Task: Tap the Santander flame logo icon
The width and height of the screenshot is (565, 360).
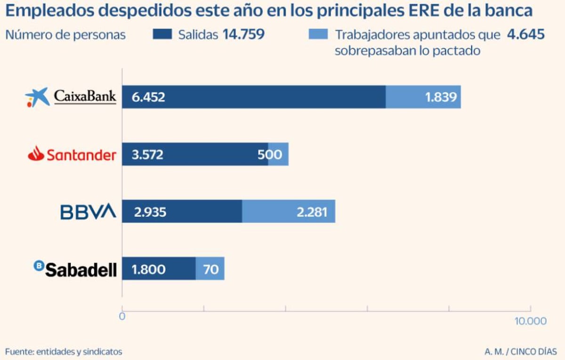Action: (x=36, y=154)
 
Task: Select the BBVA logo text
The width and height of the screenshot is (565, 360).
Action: (x=88, y=212)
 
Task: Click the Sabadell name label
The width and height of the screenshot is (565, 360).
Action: (x=81, y=269)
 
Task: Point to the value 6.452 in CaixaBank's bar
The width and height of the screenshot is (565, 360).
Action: (x=148, y=97)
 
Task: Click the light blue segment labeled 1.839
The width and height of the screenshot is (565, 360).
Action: (x=423, y=97)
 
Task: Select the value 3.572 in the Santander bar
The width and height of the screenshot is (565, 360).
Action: (x=147, y=154)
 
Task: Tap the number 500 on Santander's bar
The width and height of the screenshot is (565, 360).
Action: (x=270, y=154)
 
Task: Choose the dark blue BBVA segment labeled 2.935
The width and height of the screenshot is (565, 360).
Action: (x=182, y=212)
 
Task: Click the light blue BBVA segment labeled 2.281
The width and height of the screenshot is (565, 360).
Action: (x=289, y=212)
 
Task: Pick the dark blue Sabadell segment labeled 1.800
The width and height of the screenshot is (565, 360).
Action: (x=159, y=269)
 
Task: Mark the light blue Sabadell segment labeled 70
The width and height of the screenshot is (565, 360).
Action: (x=210, y=269)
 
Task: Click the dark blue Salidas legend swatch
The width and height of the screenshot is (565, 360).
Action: (x=163, y=34)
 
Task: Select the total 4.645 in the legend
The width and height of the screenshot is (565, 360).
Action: (x=525, y=34)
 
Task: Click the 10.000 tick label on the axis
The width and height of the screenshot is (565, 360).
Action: (x=531, y=321)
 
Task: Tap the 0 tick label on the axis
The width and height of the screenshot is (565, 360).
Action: (x=122, y=317)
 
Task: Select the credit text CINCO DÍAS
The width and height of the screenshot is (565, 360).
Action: (x=535, y=352)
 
